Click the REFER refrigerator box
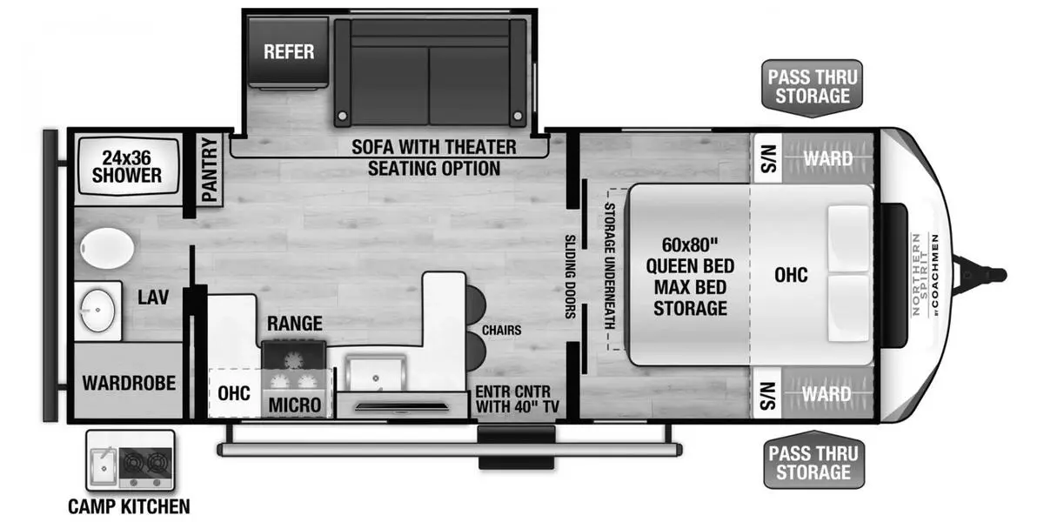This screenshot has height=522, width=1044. (289, 51)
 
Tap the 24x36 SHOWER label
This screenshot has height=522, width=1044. (127, 166)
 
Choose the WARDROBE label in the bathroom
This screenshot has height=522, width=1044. (129, 383)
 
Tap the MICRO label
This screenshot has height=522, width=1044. (294, 405)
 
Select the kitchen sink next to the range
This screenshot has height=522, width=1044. (375, 372)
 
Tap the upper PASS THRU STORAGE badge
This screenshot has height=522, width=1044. (813, 86)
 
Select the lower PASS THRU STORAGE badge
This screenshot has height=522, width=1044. (813, 463)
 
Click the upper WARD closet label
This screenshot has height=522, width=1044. (827, 159)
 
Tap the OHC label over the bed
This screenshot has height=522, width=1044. (791, 275)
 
